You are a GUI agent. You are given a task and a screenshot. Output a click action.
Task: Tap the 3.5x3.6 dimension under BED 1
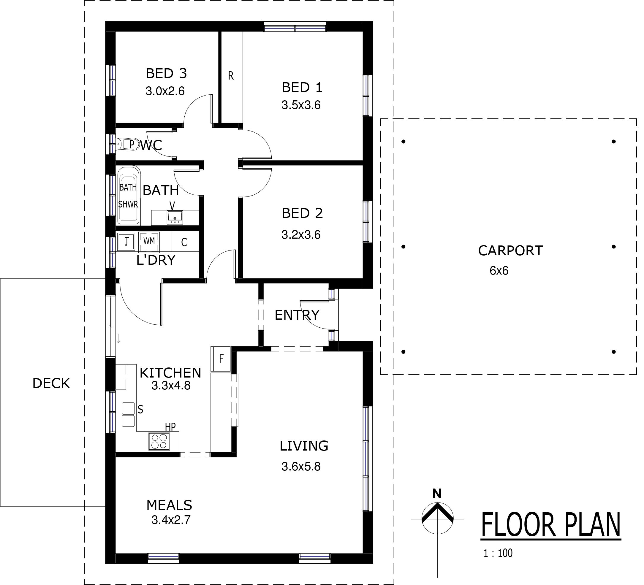301,105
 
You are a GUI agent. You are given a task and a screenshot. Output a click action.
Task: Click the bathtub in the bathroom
129,195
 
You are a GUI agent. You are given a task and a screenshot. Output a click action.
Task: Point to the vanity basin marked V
175,217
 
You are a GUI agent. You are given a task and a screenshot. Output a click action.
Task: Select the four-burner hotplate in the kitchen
159,442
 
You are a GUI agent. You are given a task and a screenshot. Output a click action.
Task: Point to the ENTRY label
297,315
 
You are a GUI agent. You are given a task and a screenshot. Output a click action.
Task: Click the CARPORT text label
510,251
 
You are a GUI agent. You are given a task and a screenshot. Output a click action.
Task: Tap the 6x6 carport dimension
499,271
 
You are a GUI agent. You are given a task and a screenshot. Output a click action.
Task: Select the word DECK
51,383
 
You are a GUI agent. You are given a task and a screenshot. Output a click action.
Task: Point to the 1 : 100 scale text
498,553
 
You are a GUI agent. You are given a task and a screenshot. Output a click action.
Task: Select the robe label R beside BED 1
231,76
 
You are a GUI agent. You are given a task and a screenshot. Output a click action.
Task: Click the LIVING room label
304,446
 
